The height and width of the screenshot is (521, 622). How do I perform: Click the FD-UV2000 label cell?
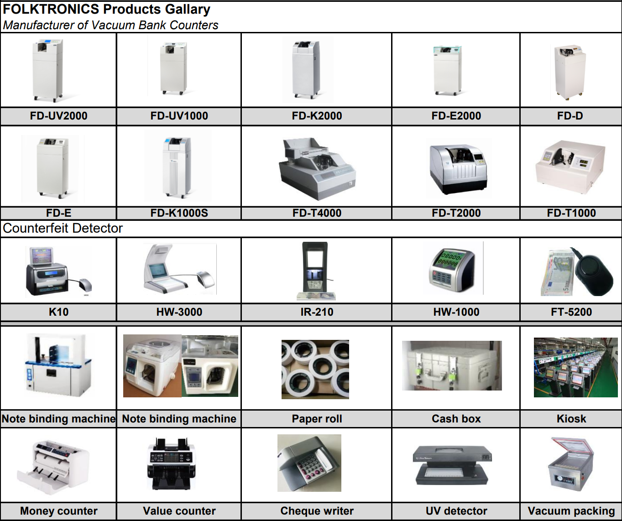coord(58,116)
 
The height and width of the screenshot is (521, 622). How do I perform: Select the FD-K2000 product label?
coord(317,116)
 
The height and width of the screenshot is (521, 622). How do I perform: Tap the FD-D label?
coord(570,116)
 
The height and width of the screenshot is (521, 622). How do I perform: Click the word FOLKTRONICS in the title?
coord(51,9)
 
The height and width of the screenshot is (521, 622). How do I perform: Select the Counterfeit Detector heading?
coord(63,228)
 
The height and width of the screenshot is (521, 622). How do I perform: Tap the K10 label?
coord(58,312)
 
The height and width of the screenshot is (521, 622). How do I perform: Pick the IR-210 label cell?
coord(317,312)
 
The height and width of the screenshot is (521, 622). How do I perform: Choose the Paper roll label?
coord(317,419)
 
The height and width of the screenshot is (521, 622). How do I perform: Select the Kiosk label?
coord(571,419)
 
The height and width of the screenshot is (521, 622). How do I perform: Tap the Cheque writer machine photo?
coord(309,463)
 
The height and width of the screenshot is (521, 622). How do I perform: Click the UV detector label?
coord(456,511)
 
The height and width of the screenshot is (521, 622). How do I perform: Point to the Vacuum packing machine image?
coord(570,464)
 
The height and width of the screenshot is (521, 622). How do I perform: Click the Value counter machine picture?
coord(172,464)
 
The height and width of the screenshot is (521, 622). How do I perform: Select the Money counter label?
coord(58,511)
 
